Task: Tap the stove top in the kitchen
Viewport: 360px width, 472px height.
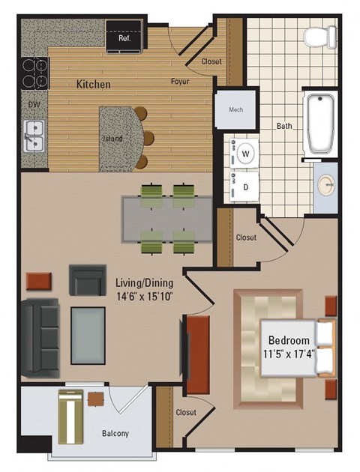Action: [33, 73]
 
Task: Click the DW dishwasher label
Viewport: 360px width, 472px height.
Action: [33, 105]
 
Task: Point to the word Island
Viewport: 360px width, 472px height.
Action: [112, 139]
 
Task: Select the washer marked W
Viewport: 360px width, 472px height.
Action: [245, 155]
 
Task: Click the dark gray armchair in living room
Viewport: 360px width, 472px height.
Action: [88, 279]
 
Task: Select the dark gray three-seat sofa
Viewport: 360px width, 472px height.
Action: [39, 336]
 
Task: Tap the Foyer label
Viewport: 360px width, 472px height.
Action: [179, 81]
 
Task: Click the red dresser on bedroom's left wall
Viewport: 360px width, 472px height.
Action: [197, 348]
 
